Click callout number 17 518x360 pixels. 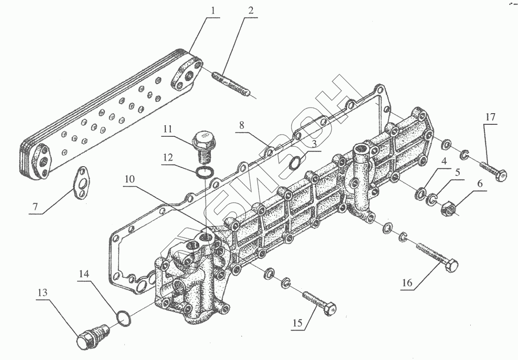(490, 117)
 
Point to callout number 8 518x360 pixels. (241, 125)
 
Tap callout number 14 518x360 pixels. (84, 273)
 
